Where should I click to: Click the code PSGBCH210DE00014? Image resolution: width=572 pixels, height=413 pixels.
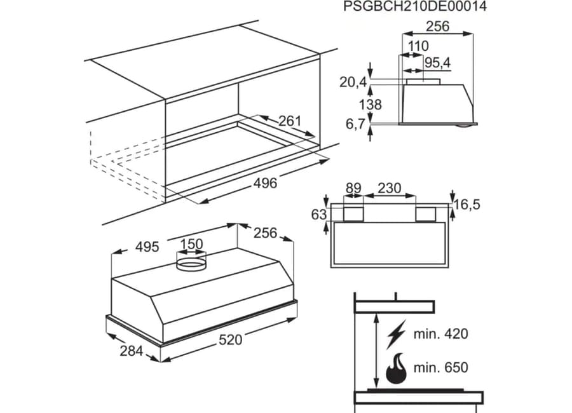415,6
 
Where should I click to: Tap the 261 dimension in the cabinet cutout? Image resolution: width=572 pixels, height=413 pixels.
290,121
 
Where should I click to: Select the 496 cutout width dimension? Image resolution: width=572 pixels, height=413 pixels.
265,183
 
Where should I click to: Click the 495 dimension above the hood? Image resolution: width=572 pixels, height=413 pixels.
147,247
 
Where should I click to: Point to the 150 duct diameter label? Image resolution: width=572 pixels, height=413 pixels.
192,244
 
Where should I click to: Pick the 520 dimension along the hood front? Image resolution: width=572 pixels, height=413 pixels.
231,340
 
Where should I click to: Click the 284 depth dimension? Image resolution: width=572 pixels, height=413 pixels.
132,351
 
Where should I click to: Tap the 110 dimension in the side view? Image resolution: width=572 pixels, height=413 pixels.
418,46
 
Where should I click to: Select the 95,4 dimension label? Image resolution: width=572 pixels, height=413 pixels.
438,63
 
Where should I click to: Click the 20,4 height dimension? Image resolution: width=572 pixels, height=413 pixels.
353,83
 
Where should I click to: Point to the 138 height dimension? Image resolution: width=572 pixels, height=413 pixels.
371,105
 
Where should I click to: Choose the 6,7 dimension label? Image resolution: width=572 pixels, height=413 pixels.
355,125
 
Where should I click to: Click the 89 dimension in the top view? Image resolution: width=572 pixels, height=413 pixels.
353,188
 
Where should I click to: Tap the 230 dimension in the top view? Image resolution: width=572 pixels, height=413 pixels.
389,188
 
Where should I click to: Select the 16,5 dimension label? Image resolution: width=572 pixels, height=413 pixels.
467,205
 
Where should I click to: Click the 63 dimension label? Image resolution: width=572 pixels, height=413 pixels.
319,215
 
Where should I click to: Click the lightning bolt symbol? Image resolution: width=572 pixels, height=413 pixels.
396,334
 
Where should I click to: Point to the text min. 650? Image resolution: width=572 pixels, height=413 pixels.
440,367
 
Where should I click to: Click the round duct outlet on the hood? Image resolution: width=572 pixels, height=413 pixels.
191,264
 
